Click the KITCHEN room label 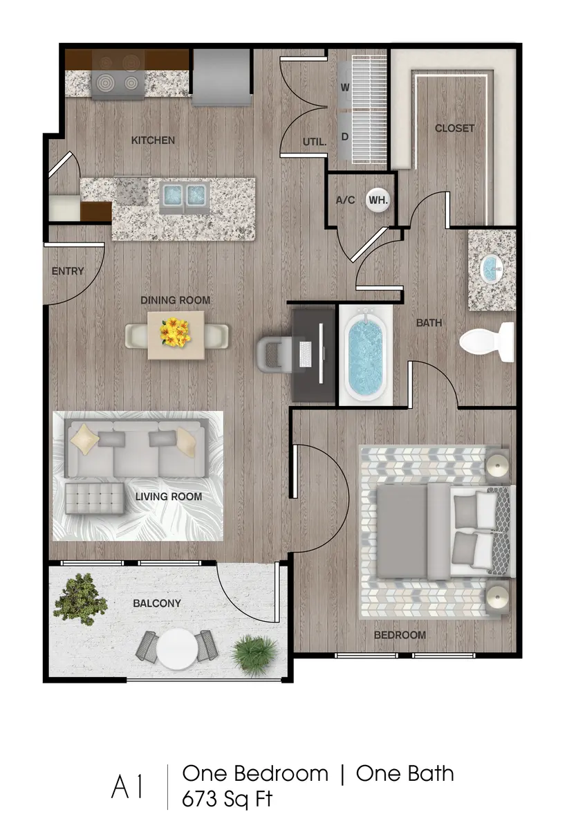pos(153,140)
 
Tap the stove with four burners pos(117,74)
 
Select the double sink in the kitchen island pos(185,196)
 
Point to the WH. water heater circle pos(378,200)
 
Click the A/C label pos(345,200)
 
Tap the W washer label pos(344,88)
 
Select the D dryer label pos(344,137)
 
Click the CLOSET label pos(454,128)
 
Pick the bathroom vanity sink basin pos(492,268)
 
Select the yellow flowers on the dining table pos(175,332)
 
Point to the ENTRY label pos(68,271)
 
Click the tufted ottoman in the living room pos(95,498)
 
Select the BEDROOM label pos(400,635)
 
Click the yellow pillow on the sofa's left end pos(84,439)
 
